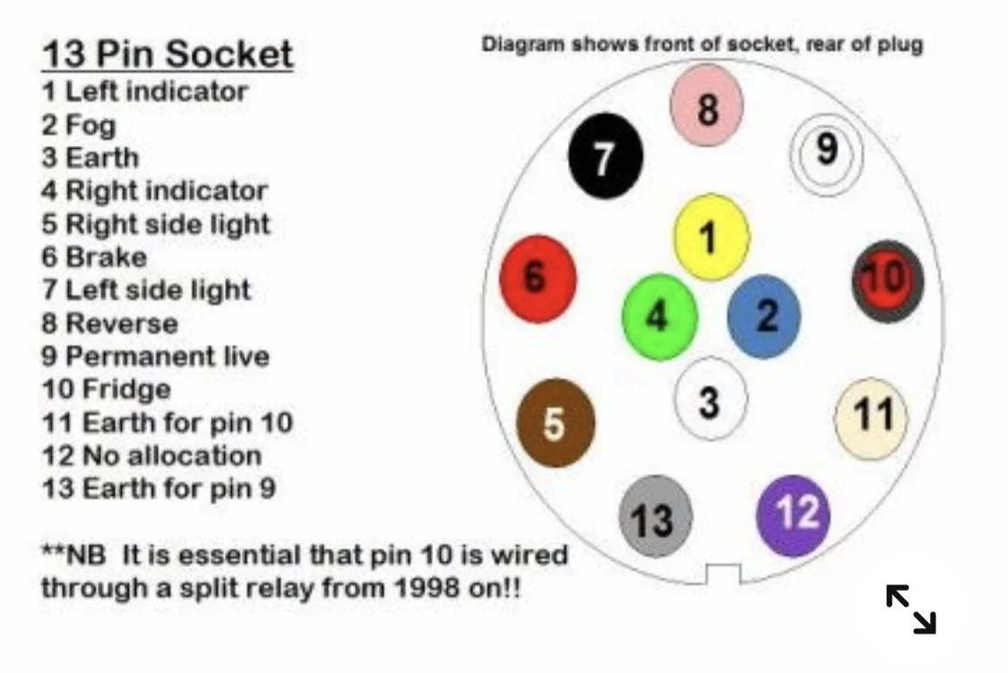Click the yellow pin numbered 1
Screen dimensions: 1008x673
[x=711, y=237]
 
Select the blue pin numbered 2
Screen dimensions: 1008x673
[x=764, y=316]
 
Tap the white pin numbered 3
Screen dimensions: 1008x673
[x=711, y=399]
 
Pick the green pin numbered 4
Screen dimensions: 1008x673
[x=659, y=317]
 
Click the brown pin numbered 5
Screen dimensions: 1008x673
[x=556, y=422]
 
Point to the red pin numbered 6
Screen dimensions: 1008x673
[x=538, y=279]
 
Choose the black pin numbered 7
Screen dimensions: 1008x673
[x=605, y=156]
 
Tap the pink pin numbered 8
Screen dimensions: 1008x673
[x=707, y=106]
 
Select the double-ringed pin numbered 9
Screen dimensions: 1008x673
[x=826, y=153]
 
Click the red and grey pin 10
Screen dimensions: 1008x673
[x=888, y=281]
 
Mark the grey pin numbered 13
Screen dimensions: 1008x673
[x=656, y=517]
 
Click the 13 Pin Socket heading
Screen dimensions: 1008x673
[x=168, y=54]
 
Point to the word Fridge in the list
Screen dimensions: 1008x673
[x=126, y=390]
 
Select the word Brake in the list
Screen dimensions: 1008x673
[x=106, y=257]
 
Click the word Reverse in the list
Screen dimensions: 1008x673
[x=122, y=324]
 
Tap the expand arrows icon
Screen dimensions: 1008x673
[x=911, y=609]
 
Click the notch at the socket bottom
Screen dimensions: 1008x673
[x=723, y=574]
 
